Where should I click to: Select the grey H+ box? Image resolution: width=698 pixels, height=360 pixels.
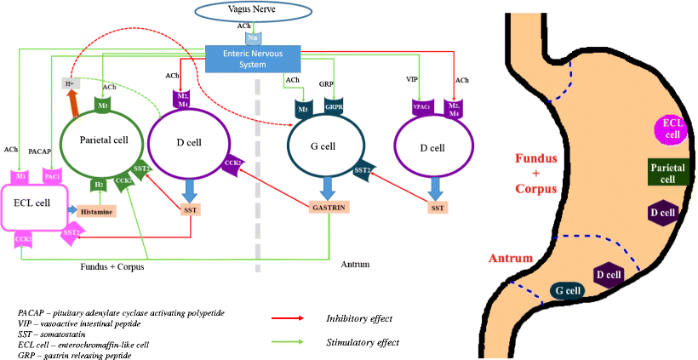click(71, 84)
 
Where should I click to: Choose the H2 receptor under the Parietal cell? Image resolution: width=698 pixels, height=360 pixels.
click(99, 184)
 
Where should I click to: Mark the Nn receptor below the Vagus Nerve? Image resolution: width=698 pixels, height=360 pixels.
click(254, 37)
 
